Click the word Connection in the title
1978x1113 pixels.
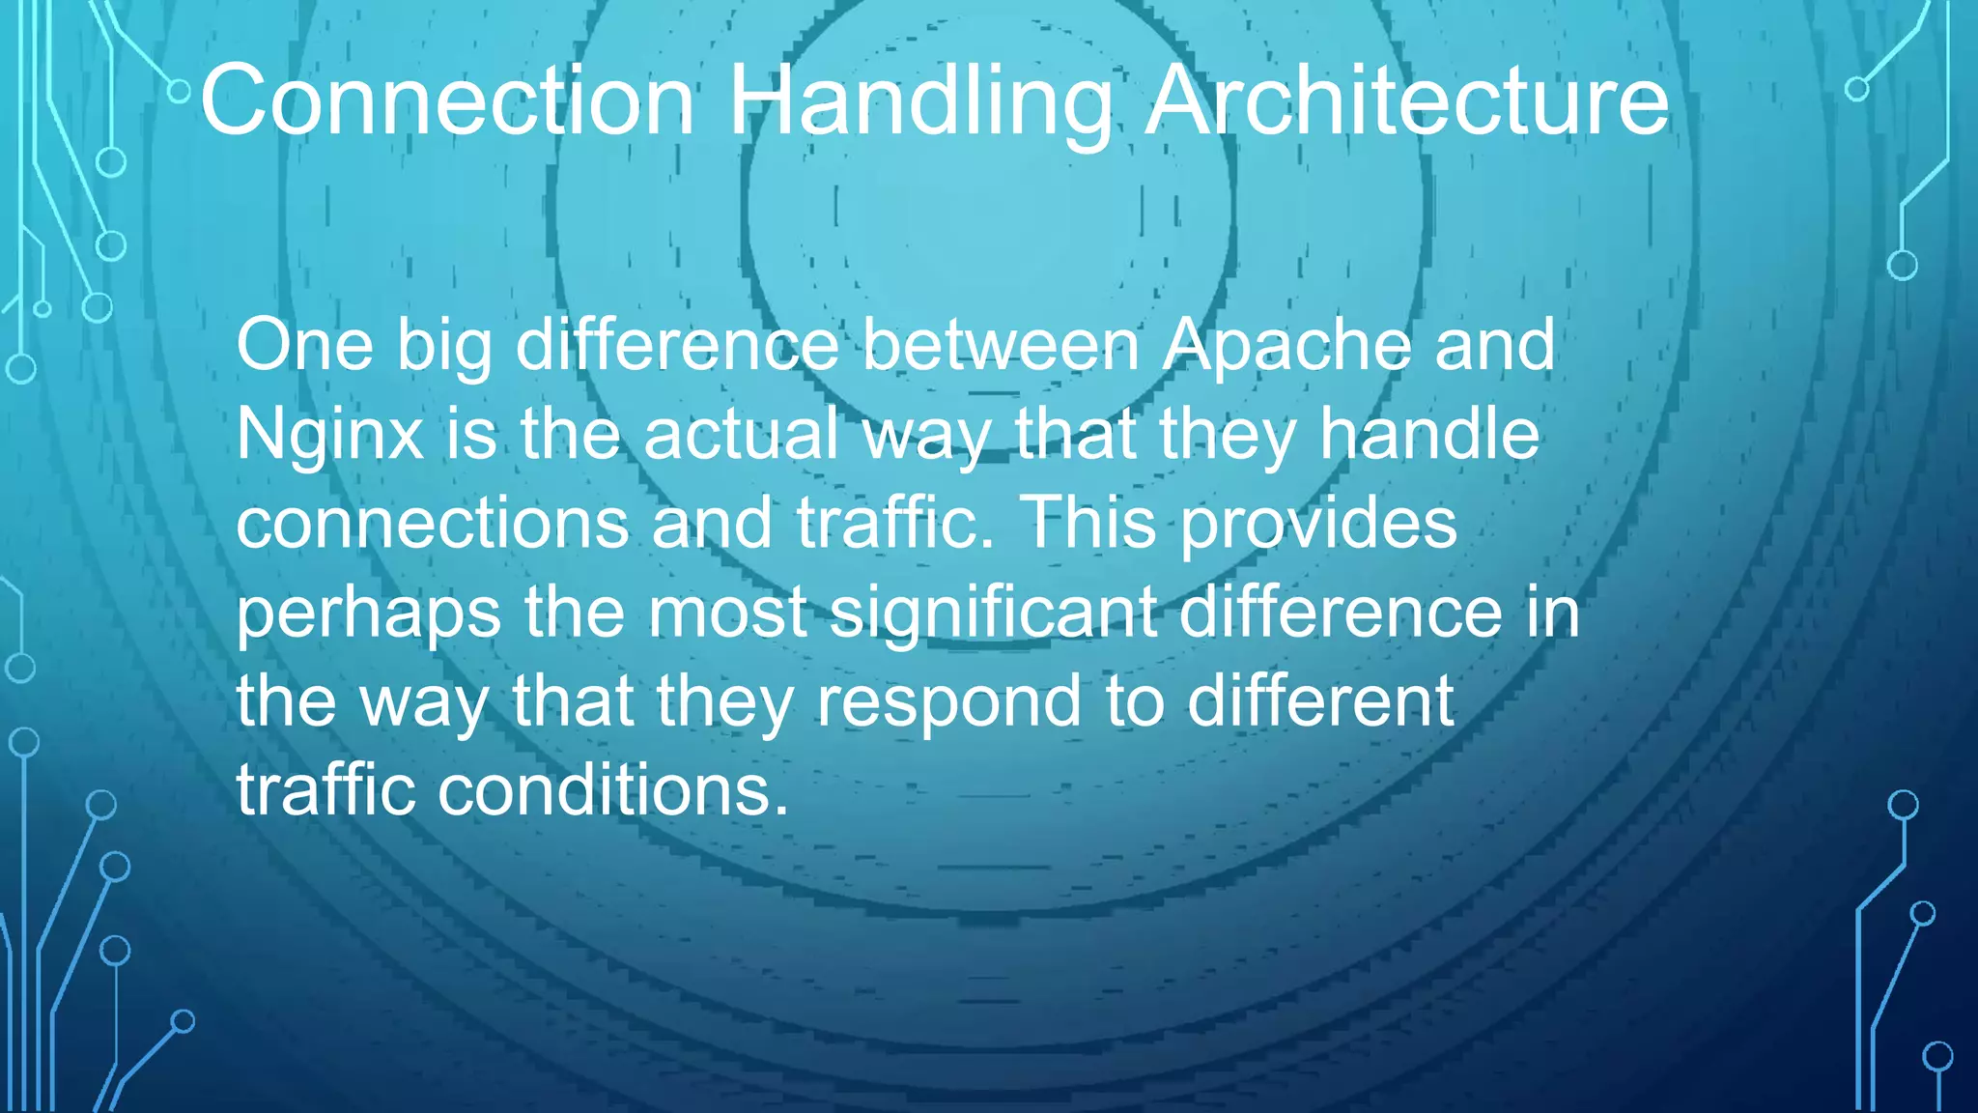(447, 100)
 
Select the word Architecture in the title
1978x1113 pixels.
(1407, 100)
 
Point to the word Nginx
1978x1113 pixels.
(329, 435)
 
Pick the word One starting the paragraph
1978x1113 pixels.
(304, 345)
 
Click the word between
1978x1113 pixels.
(1001, 345)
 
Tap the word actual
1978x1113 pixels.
(741, 434)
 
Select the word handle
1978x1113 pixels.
(1429, 434)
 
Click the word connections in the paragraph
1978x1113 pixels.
(432, 523)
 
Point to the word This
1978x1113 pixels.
(1088, 523)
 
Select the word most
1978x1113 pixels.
(727, 613)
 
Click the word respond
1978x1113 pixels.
(948, 702)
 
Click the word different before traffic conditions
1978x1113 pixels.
(1320, 700)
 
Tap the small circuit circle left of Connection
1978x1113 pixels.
(179, 92)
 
